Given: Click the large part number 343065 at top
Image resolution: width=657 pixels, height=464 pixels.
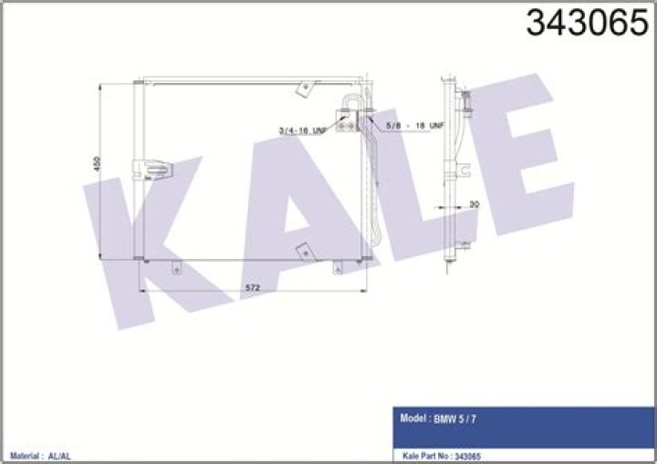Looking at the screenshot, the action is coord(587,23).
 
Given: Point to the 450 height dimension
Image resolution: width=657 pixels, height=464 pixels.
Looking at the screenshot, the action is coord(97,163).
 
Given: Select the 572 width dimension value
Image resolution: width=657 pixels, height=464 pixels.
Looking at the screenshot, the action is coord(253,288).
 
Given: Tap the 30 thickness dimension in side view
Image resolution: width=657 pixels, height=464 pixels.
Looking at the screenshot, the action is coord(474,204).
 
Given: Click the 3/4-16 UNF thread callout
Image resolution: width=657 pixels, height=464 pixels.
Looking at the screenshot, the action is coord(303,130).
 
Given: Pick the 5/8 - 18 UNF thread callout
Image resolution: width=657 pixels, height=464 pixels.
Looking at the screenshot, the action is coord(415,125).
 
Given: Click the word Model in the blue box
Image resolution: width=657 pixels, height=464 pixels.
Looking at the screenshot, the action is coord(413,418).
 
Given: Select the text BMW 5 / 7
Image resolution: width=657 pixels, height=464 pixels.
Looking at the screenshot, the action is coord(454,418).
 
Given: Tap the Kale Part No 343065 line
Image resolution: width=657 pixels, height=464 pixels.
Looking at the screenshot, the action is coord(442,456).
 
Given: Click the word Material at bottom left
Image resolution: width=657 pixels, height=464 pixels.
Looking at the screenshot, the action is coord(25,456).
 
